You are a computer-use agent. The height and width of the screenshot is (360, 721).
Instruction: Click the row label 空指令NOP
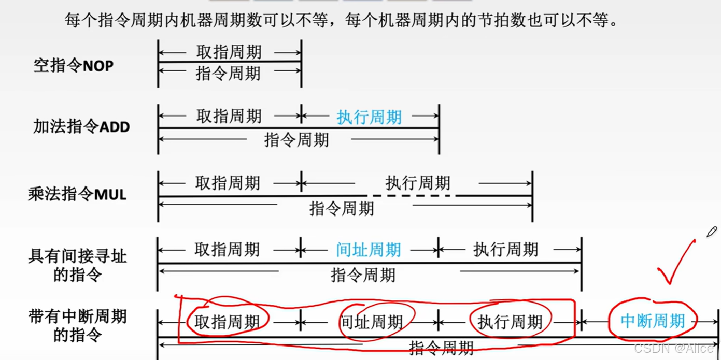tap(74, 66)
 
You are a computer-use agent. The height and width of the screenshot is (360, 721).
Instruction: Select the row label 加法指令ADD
tap(81, 126)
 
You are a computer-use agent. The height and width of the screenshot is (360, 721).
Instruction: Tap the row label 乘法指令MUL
tap(77, 194)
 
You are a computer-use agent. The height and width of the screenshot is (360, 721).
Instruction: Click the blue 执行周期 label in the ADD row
tap(369, 117)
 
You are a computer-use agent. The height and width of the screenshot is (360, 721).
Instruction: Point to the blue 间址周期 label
tap(369, 250)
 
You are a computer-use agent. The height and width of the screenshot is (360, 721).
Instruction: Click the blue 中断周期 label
tap(653, 321)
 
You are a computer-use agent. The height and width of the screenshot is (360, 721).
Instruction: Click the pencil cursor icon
tap(711, 232)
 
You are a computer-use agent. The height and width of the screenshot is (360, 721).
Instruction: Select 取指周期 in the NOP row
tap(229, 52)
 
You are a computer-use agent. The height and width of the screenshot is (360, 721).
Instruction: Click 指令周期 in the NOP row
tap(228, 74)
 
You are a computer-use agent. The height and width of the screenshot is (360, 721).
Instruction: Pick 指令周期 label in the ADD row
tap(296, 140)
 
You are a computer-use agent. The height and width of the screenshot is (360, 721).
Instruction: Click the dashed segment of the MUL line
tap(412, 196)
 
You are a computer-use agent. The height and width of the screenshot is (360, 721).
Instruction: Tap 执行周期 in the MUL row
tap(418, 183)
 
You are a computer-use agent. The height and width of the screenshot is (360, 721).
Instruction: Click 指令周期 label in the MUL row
tap(342, 209)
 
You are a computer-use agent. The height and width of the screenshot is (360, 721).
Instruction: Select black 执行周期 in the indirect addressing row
tap(505, 250)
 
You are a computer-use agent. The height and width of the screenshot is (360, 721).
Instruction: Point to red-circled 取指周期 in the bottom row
tap(227, 322)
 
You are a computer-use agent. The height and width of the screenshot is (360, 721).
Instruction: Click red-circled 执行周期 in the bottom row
tap(510, 322)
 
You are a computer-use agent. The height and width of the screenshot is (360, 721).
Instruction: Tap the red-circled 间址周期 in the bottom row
tap(371, 322)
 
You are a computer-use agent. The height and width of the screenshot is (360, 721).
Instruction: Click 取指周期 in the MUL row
tap(228, 183)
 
